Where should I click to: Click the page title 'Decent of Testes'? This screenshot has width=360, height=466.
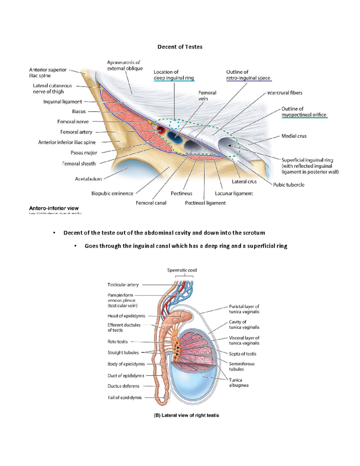pyautogui.click(x=180, y=47)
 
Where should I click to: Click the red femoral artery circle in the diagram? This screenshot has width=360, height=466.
pyautogui.click(x=160, y=131)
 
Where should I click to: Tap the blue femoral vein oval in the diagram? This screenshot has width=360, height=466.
pyautogui.click(x=175, y=137)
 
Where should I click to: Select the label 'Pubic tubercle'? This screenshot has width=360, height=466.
pyautogui.click(x=289, y=185)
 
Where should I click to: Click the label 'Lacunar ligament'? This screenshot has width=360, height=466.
pyautogui.click(x=234, y=194)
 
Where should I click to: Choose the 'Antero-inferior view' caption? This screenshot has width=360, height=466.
pyautogui.click(x=54, y=208)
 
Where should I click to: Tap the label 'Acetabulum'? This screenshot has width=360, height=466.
pyautogui.click(x=88, y=179)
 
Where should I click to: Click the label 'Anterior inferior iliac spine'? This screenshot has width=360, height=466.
pyautogui.click(x=67, y=142)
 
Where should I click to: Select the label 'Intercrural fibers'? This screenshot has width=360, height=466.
pyautogui.click(x=284, y=93)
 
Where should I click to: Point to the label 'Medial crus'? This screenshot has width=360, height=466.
pyautogui.click(x=294, y=136)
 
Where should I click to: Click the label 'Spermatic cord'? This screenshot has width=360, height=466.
pyautogui.click(x=182, y=270)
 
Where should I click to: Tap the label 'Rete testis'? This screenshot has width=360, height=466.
pyautogui.click(x=118, y=341)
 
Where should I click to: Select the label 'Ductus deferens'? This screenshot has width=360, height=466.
pyautogui.click(x=123, y=386)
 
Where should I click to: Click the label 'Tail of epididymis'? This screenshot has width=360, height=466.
pyautogui.click(x=124, y=398)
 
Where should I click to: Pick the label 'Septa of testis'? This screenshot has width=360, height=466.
pyautogui.click(x=242, y=354)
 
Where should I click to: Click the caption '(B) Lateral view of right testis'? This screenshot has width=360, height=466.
pyautogui.click(x=186, y=415)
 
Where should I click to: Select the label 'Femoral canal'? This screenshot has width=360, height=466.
pyautogui.click(x=151, y=203)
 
